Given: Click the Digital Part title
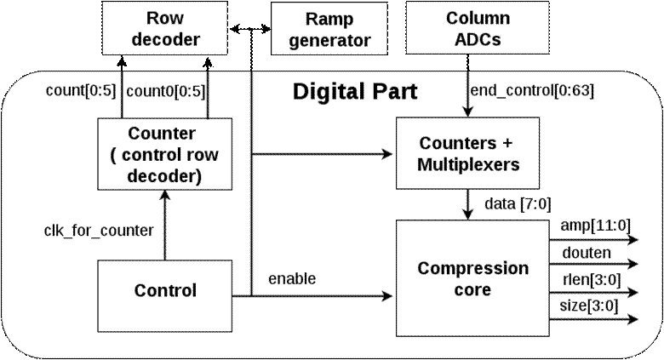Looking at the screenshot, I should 355,91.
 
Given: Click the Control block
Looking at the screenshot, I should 165,291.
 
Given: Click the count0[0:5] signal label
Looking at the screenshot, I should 166,89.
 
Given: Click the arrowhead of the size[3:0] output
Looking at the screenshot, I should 631,320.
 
